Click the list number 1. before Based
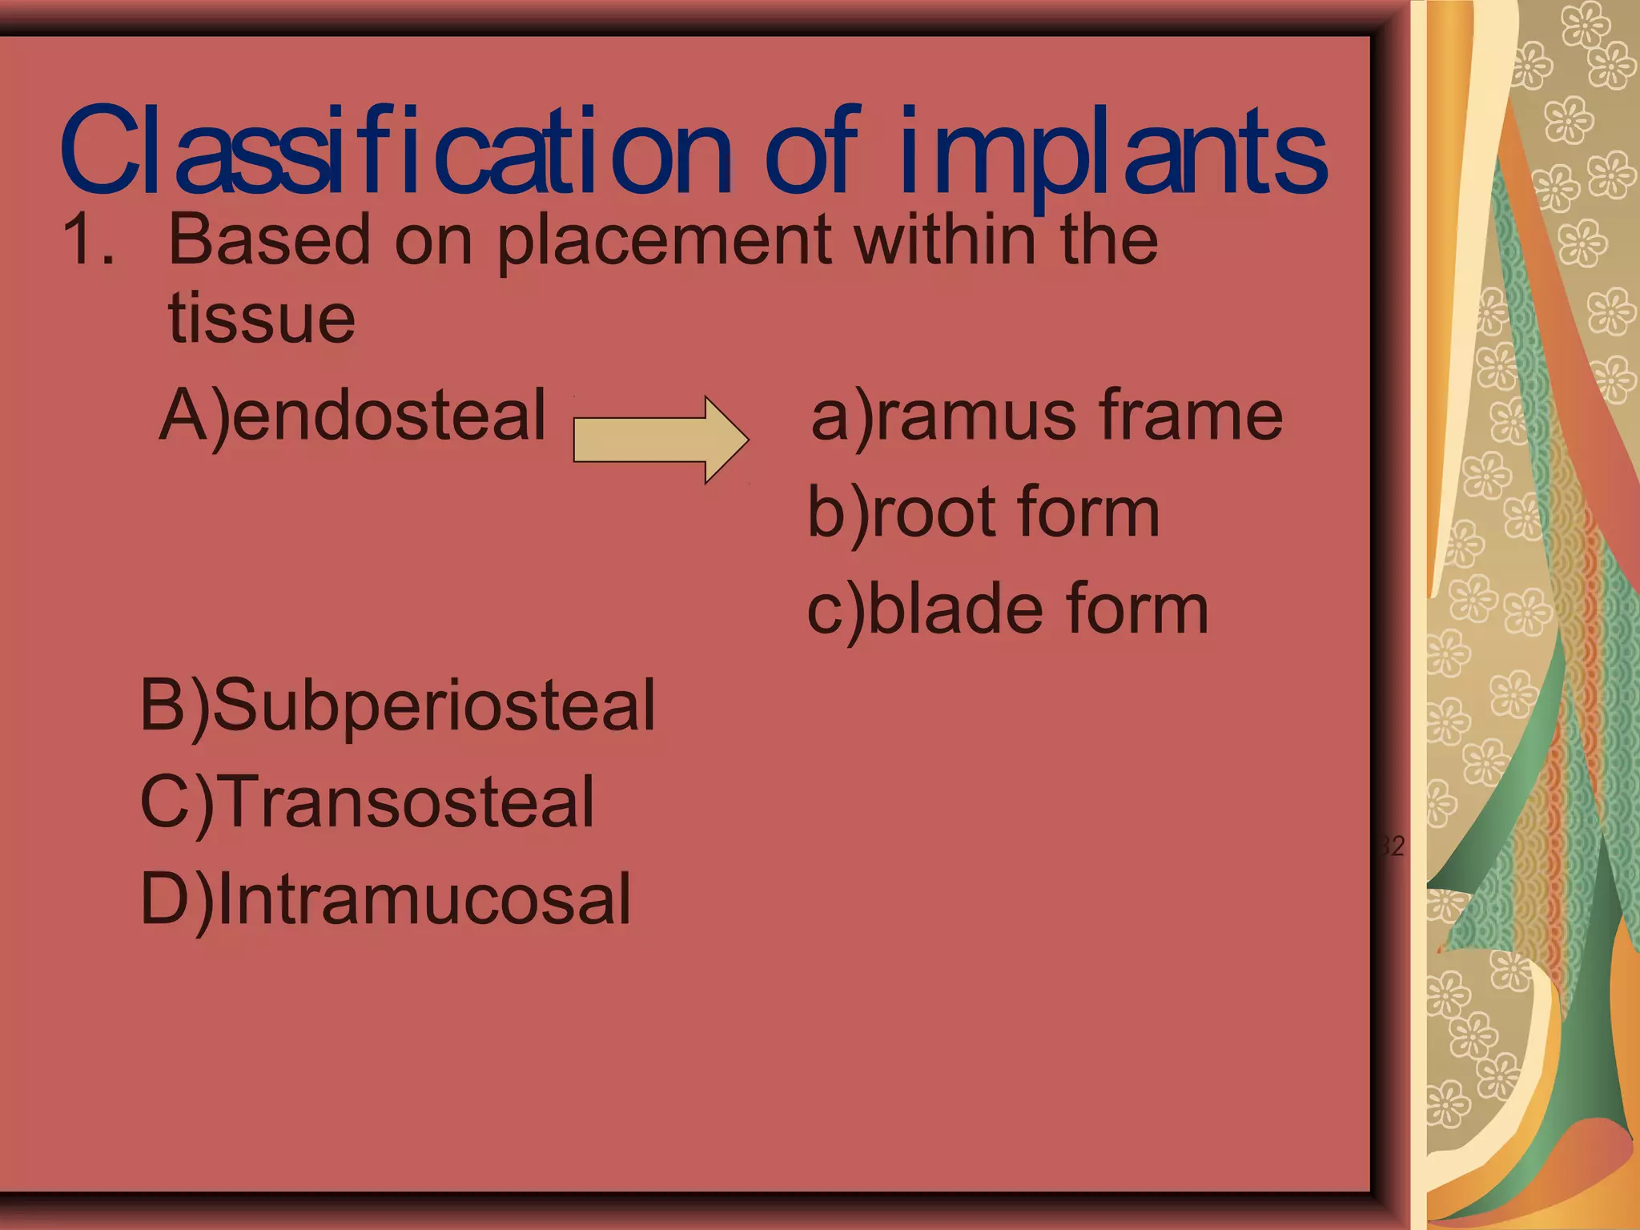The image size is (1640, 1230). click(88, 239)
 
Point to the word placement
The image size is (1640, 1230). click(664, 241)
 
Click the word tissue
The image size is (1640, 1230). click(261, 318)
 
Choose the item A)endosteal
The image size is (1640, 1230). click(352, 416)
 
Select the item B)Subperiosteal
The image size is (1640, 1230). click(397, 705)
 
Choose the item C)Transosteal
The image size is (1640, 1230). click(367, 802)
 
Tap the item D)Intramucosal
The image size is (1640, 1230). click(385, 899)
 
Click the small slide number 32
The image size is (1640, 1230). click(1393, 846)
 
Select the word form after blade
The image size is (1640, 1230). click(1137, 610)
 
